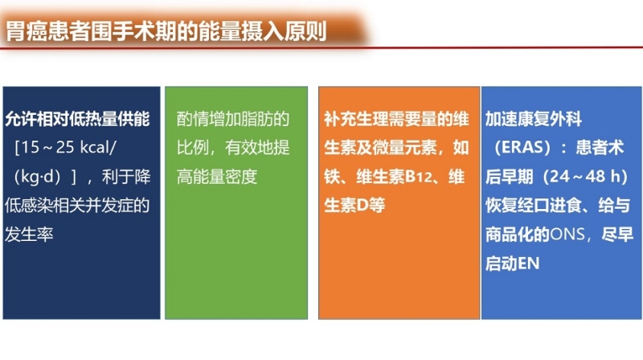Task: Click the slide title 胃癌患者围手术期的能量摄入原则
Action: [166, 31]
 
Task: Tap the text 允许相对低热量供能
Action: [77, 119]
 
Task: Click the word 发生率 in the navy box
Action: [29, 235]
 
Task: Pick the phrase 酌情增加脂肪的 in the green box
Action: [233, 119]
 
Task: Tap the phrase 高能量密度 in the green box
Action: [217, 177]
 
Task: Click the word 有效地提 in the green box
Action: [257, 148]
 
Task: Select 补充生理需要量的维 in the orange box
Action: [396, 119]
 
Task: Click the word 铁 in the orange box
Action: [331, 177]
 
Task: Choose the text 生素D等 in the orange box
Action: [354, 206]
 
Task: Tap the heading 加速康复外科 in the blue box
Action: [534, 119]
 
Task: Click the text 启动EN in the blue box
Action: [512, 264]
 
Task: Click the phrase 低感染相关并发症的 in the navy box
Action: [77, 206]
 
